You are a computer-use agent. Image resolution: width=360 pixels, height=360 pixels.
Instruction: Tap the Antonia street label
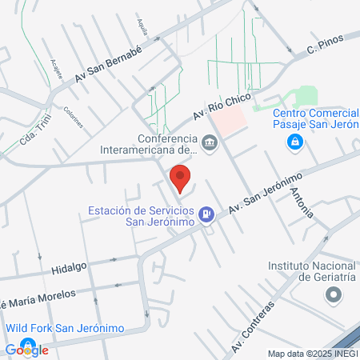[303, 201]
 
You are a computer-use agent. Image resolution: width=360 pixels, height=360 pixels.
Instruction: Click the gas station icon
[207, 214]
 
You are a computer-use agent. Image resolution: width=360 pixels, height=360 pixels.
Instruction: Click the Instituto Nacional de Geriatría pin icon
[333, 296]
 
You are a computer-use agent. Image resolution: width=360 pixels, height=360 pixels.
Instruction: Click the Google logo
[26, 349]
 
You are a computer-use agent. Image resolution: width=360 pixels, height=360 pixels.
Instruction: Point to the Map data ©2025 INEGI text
[311, 354]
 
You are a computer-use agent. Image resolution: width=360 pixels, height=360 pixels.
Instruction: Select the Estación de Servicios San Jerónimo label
[142, 217]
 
